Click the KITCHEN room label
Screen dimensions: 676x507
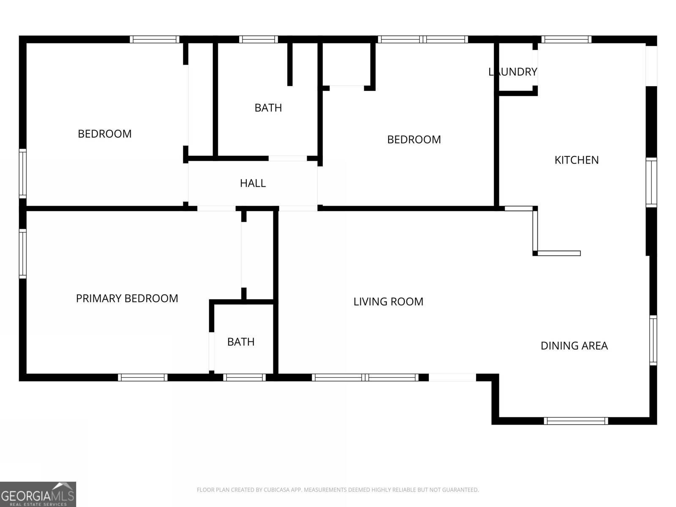(577, 160)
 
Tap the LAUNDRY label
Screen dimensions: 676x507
(513, 72)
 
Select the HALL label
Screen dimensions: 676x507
(253, 183)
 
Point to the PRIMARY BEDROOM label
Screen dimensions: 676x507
(127, 298)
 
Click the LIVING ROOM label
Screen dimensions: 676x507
(388, 302)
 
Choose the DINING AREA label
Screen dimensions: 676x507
(574, 346)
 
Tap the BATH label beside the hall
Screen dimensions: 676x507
(268, 108)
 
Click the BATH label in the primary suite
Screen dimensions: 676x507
(241, 342)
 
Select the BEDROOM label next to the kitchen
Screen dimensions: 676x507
(414, 140)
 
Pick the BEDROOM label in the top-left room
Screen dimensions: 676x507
(105, 134)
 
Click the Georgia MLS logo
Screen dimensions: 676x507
(38, 494)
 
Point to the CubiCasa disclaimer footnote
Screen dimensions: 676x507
(338, 489)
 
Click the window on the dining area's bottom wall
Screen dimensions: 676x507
(575, 421)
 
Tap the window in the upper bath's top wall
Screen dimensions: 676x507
(259, 39)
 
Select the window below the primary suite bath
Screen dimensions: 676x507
(244, 377)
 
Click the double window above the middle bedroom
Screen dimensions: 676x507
(423, 39)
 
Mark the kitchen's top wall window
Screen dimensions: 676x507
(567, 39)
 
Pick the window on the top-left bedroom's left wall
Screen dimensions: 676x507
(23, 174)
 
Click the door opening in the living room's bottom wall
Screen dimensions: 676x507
(452, 377)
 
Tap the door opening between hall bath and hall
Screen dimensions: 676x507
(288, 158)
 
